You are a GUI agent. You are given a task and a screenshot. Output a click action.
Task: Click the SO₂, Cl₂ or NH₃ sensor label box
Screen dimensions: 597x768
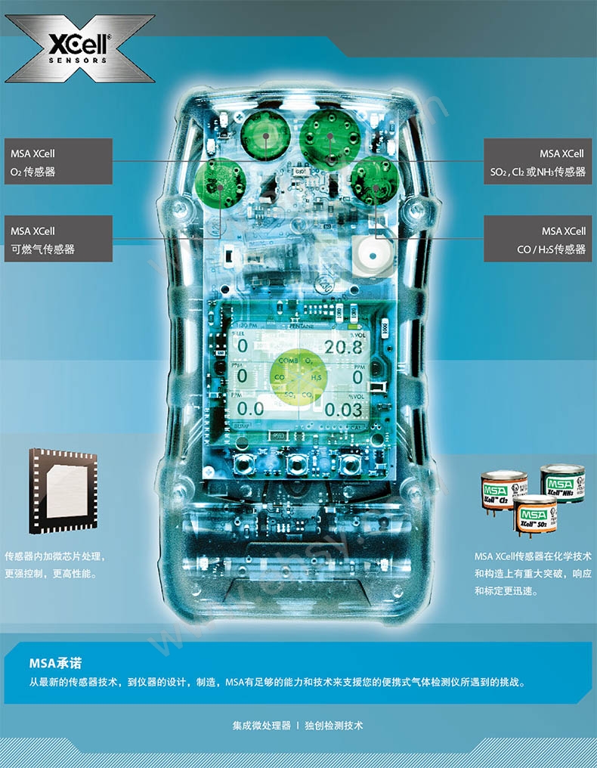pyautogui.click(x=537, y=162)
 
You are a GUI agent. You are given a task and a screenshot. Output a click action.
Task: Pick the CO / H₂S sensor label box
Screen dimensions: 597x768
pyautogui.click(x=537, y=239)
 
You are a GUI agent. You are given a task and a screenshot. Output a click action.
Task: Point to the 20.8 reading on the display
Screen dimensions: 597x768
pyautogui.click(x=343, y=347)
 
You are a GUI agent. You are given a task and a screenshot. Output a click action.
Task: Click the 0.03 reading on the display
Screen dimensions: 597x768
pyautogui.click(x=344, y=410)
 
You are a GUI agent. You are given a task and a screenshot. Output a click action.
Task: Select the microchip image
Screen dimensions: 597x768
pyautogui.click(x=63, y=491)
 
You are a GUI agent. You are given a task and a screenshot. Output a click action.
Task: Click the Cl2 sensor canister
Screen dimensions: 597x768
pyautogui.click(x=504, y=492)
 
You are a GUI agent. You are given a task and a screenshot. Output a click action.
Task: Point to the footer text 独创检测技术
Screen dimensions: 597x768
pyautogui.click(x=334, y=725)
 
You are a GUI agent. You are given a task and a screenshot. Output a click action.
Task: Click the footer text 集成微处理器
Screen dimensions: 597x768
pyautogui.click(x=261, y=725)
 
